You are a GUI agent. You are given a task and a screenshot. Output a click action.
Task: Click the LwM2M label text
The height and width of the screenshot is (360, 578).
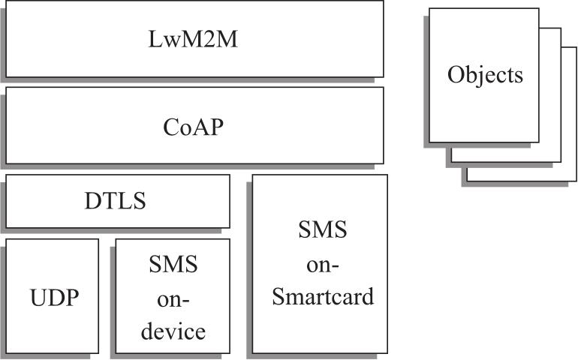click(194, 40)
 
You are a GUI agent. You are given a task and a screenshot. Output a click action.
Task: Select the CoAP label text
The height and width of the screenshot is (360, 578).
click(194, 126)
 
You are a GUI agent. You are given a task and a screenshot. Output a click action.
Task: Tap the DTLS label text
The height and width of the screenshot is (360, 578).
click(115, 201)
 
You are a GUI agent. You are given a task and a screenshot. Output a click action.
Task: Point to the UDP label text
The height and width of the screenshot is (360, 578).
click(55, 297)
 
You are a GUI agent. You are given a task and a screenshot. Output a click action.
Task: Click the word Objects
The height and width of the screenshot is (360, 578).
click(485, 75)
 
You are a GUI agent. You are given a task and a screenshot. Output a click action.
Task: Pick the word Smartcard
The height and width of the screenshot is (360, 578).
click(323, 297)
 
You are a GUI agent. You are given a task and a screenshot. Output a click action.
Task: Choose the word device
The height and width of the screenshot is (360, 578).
click(173, 331)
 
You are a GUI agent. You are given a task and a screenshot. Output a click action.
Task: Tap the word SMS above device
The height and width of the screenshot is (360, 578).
click(173, 264)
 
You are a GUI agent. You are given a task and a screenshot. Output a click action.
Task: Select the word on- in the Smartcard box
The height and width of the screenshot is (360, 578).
click(323, 264)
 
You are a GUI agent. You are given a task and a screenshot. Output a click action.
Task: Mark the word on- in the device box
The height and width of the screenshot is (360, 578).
click(173, 298)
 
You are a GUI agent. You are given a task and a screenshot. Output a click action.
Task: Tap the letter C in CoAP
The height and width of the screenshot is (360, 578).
click(170, 126)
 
